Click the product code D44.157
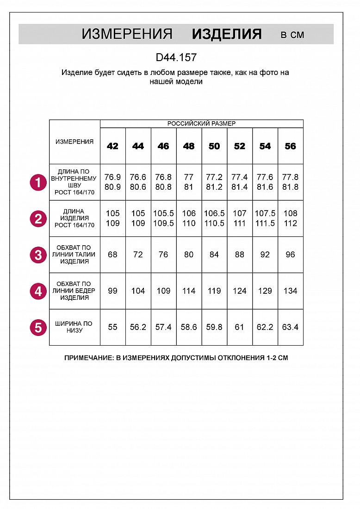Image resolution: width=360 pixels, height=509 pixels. [x=176, y=58]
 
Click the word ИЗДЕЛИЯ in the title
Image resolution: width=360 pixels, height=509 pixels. [x=227, y=34]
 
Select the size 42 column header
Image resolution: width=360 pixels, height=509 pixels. [x=112, y=146]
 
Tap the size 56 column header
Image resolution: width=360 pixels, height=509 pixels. [x=290, y=146]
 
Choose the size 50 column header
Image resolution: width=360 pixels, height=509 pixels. [x=214, y=146]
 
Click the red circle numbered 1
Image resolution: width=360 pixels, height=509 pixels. [x=38, y=182]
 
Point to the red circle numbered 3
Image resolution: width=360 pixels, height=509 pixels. [x=38, y=255]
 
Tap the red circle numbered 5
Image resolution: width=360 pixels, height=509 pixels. [x=38, y=328]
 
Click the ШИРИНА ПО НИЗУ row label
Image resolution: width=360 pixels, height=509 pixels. [x=74, y=327]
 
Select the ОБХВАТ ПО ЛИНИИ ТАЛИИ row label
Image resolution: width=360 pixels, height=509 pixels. [x=74, y=254]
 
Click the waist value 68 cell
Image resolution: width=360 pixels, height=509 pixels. [x=112, y=254]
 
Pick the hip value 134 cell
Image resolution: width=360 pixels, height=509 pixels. [x=290, y=291]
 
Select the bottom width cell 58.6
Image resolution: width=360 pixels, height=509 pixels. [x=189, y=327]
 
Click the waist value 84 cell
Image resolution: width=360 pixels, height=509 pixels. [x=214, y=254]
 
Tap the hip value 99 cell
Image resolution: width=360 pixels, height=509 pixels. [x=112, y=291]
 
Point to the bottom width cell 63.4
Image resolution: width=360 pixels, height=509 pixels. [x=290, y=327]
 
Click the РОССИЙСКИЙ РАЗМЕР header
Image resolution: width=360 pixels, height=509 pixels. [x=201, y=124]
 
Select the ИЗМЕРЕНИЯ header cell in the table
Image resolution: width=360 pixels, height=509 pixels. [x=74, y=142]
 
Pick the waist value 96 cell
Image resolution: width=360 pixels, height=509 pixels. [x=290, y=254]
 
